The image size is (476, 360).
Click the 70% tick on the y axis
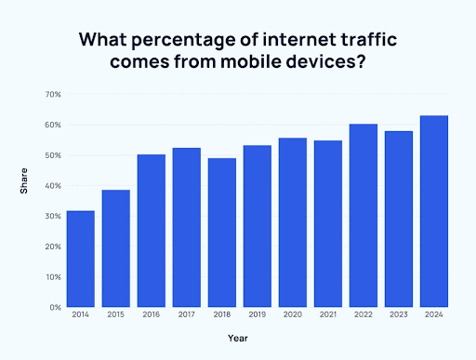click(x=53, y=95)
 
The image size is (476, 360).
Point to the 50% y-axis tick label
click(x=53, y=155)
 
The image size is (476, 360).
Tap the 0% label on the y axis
click(x=55, y=307)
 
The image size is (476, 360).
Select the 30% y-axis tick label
click(x=53, y=216)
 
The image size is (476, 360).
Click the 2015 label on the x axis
click(x=116, y=316)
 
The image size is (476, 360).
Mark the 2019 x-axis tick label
click(x=258, y=316)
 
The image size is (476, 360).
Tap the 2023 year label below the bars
click(x=400, y=316)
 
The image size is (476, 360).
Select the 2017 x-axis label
click(x=187, y=316)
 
